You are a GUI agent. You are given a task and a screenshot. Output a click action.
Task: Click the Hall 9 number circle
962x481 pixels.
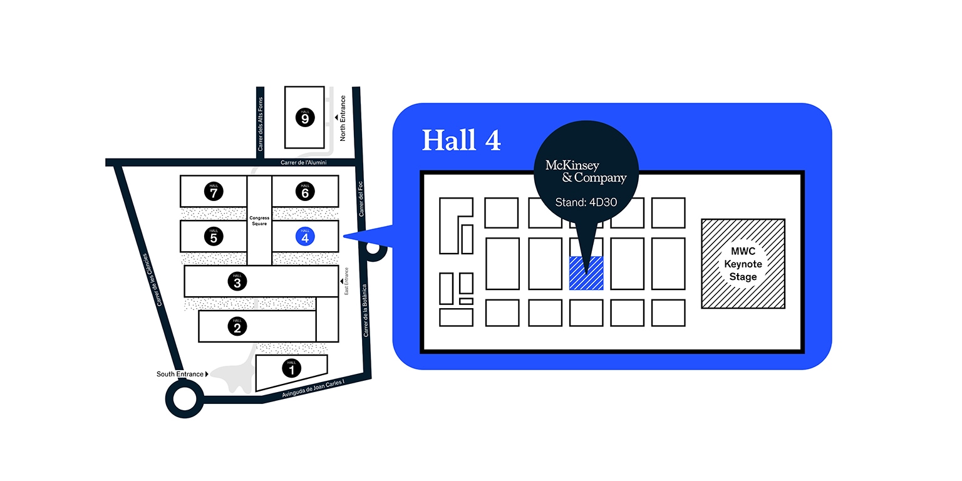305,118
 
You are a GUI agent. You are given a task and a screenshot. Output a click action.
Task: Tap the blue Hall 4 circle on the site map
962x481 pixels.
305,236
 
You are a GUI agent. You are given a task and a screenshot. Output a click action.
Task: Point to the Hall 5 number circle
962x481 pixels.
214,236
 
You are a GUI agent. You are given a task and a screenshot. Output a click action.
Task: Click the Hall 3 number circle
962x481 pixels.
237,282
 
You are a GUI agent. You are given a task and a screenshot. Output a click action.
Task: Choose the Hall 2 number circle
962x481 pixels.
237,326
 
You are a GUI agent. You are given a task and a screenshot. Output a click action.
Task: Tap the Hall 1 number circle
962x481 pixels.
291,369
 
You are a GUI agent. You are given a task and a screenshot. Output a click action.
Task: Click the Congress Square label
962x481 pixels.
259,221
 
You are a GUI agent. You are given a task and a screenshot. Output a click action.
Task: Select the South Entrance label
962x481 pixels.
180,375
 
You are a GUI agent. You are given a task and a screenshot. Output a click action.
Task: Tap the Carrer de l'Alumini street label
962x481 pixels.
304,163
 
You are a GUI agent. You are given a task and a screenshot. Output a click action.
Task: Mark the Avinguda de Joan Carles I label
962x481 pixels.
313,390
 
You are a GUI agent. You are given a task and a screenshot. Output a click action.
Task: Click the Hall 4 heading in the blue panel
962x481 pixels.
461,140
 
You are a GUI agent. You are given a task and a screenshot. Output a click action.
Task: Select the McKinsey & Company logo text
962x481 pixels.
586,172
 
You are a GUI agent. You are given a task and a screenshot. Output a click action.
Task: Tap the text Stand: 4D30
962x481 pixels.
586,203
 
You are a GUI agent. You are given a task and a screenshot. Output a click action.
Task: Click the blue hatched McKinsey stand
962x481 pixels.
586,273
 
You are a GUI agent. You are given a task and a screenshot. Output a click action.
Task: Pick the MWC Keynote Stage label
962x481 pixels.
743,264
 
